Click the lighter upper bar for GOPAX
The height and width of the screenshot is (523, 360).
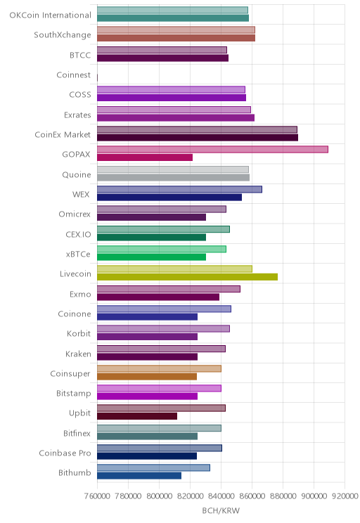point(212,150)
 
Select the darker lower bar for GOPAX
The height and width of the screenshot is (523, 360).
point(145,157)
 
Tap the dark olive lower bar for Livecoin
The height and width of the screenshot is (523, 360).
point(187,277)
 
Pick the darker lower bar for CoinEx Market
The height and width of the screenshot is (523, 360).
point(198,137)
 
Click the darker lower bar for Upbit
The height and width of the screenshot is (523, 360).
point(137,416)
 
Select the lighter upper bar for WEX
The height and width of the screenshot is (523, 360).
point(179,189)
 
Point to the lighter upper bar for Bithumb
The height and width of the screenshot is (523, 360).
point(153,467)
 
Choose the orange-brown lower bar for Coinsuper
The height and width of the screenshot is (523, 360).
point(147,377)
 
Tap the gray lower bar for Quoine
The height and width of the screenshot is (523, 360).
point(173,177)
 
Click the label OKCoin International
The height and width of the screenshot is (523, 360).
point(50,15)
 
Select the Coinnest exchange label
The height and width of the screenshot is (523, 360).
point(73,75)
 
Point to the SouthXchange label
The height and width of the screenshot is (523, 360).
point(63,35)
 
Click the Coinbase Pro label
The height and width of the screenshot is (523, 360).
point(65,453)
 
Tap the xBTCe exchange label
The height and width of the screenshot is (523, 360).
point(78,254)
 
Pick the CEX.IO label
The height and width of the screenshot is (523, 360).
point(78,234)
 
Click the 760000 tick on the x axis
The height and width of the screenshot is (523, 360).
point(97,496)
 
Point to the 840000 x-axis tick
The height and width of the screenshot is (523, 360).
point(221,496)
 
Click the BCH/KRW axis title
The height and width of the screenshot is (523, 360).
point(221,510)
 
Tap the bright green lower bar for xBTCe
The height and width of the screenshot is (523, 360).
point(151,257)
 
